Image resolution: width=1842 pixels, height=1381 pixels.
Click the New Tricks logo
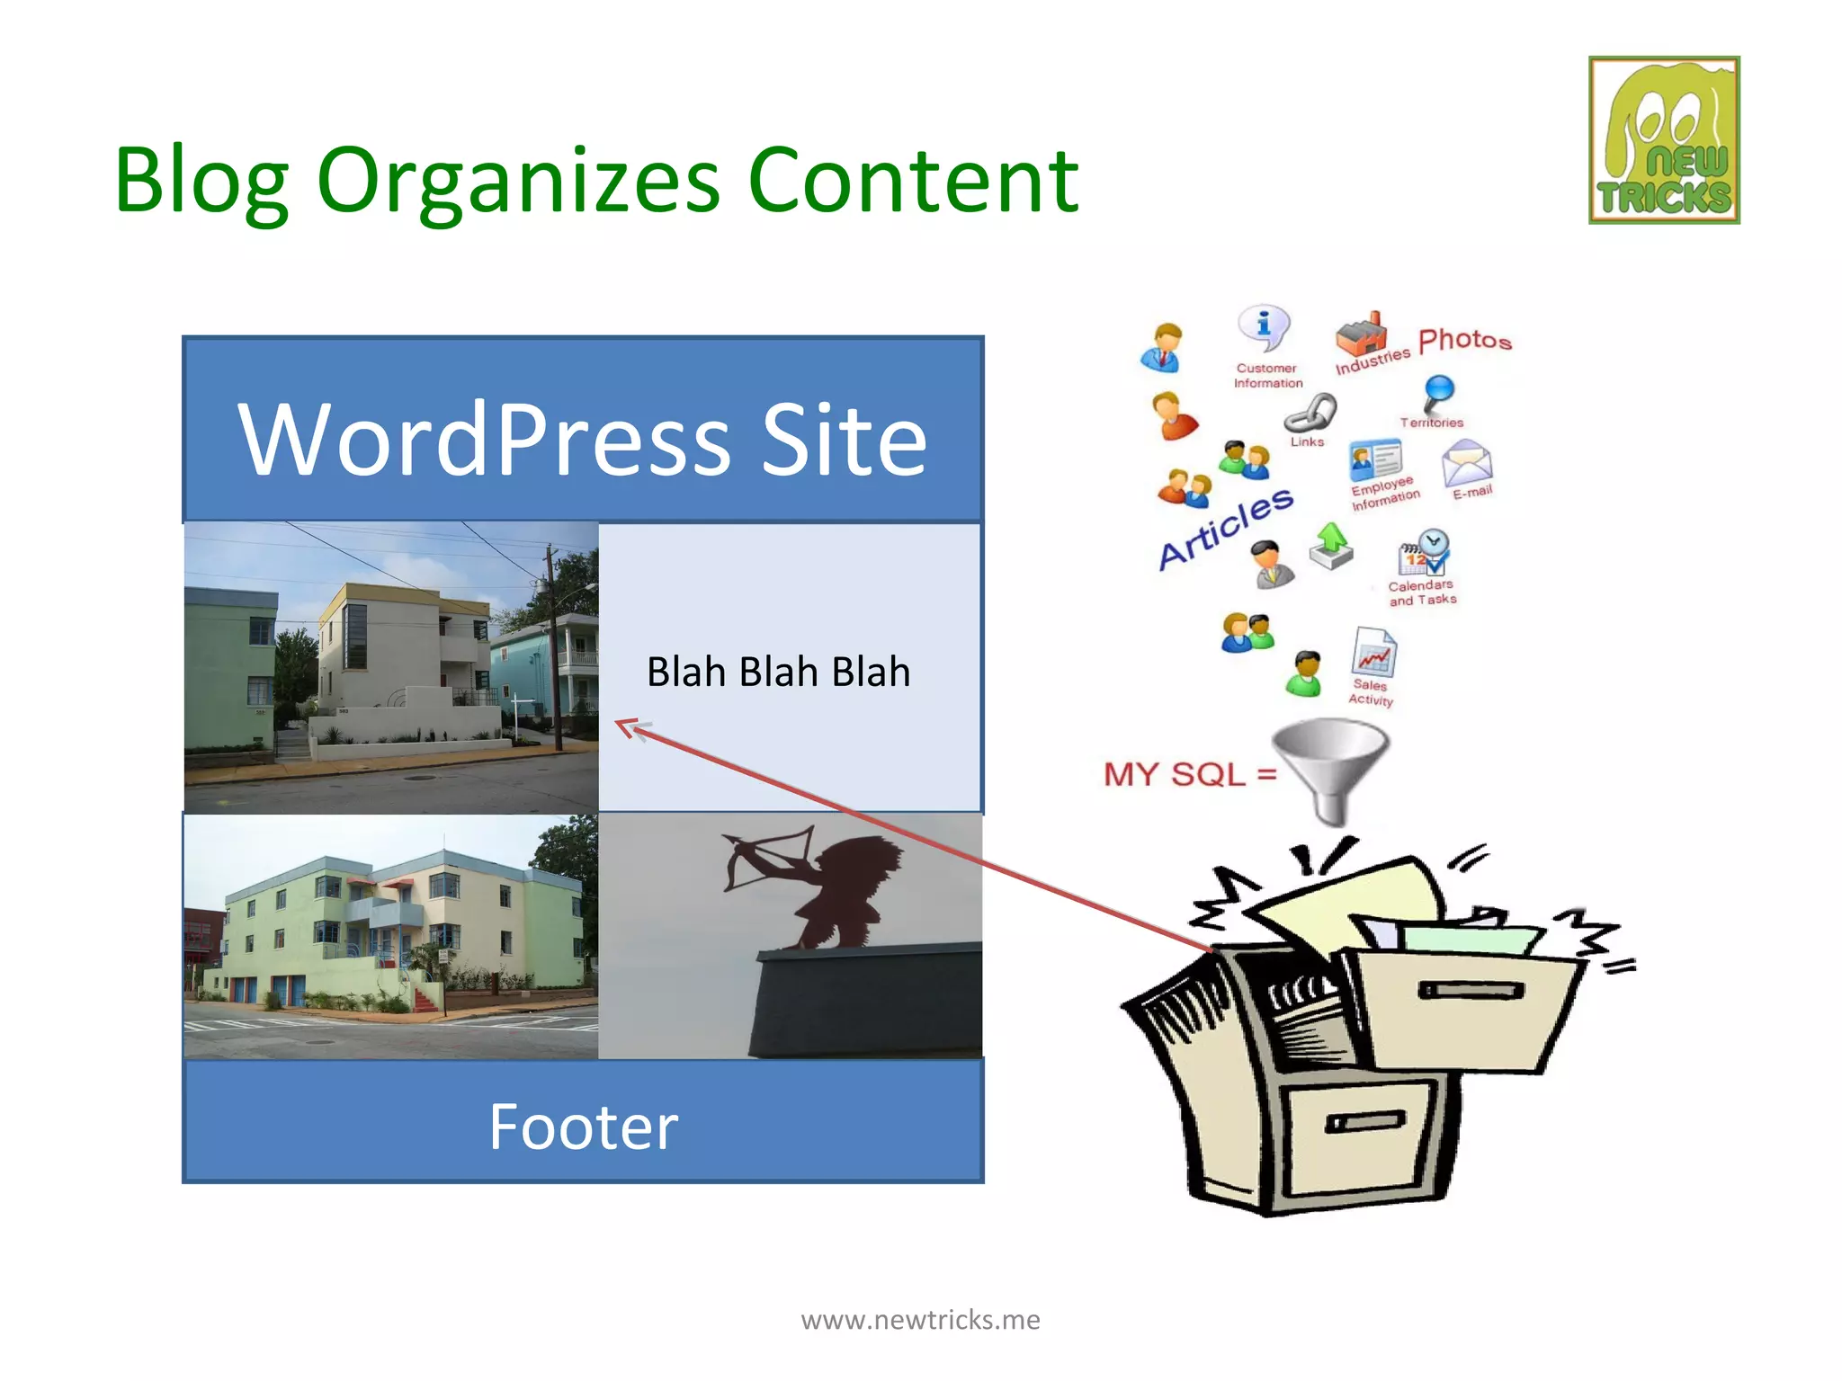pos(1664,140)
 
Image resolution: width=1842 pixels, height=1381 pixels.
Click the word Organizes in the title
pos(519,181)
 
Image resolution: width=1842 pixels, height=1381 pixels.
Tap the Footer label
pos(583,1127)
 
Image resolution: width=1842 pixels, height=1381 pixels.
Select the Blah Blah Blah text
pos(778,672)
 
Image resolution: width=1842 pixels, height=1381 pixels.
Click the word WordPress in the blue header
pos(485,440)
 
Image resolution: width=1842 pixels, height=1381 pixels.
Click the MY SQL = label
pos(1189,774)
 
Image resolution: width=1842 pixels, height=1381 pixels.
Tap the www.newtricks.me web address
pos(920,1320)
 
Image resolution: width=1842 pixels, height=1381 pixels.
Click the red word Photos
pos(1464,340)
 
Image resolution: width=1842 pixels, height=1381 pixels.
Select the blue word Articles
pos(1226,529)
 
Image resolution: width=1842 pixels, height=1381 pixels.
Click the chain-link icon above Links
pos(1310,413)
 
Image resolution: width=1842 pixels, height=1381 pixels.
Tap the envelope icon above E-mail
pos(1466,462)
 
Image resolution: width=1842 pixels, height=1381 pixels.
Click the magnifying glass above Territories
pos(1438,393)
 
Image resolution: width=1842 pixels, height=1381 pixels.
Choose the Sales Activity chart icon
pos(1373,653)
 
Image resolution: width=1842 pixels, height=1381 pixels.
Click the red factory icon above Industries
pos(1361,334)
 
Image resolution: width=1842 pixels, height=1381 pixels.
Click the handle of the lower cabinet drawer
pos(1364,1121)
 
